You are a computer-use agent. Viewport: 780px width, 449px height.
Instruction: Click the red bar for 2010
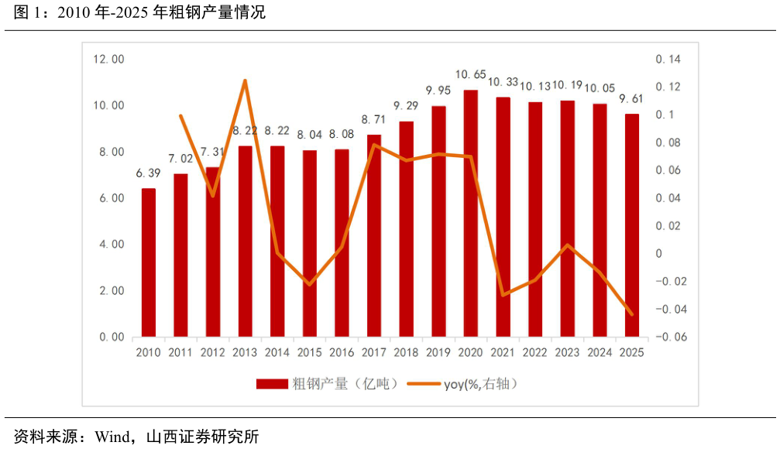[148, 263]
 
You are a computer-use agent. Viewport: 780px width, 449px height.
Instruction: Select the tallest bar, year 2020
[471, 214]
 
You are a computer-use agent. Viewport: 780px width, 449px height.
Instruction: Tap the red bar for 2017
[374, 236]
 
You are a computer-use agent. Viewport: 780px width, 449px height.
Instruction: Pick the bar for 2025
[632, 225]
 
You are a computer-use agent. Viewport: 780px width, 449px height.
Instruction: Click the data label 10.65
[470, 75]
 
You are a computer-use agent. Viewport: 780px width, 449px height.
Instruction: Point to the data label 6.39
[148, 173]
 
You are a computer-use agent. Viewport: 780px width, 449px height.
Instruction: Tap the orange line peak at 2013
[245, 81]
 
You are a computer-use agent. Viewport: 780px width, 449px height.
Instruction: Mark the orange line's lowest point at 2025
[632, 314]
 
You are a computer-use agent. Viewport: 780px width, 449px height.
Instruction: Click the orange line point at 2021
[503, 295]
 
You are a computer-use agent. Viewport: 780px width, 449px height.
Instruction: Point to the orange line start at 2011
[180, 116]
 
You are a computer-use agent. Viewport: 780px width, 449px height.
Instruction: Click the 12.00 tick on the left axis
[109, 60]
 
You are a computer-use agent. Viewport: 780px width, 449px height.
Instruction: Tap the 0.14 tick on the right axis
[667, 60]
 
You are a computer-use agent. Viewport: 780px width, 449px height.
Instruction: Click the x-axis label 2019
[438, 352]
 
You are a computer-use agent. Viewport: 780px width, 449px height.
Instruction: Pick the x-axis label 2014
[277, 352]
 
